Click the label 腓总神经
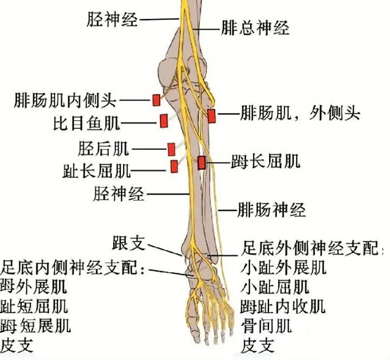[x=255, y=28]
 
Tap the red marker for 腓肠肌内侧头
[x=156, y=100]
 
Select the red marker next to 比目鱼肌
[x=163, y=120]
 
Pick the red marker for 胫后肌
[x=171, y=149]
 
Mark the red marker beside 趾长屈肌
[x=174, y=166]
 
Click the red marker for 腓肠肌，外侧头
[x=211, y=116]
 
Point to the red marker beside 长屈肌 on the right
[x=201, y=162]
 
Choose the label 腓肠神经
[x=271, y=211]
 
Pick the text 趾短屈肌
[x=34, y=306]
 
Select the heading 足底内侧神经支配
[x=73, y=267]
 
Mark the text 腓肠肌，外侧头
[x=300, y=114]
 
